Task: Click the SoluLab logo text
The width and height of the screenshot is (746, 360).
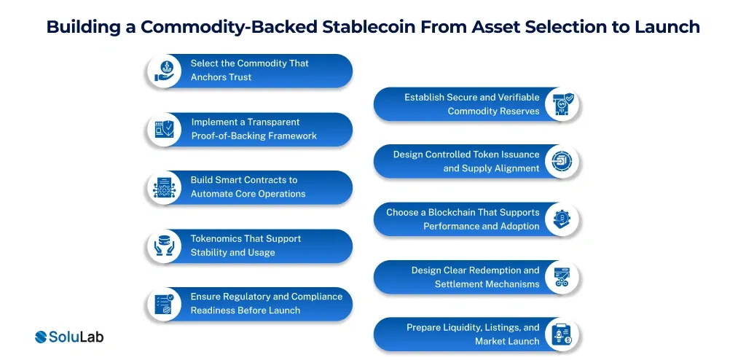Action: click(76, 337)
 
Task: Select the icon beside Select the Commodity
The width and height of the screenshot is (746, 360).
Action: click(163, 71)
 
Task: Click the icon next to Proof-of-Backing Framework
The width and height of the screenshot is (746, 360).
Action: click(163, 129)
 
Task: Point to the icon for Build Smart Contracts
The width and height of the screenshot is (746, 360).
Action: click(163, 187)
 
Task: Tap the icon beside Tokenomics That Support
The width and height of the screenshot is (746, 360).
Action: click(163, 246)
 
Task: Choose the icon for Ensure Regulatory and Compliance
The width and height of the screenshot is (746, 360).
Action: click(163, 304)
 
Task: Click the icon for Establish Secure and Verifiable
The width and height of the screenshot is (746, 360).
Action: click(562, 104)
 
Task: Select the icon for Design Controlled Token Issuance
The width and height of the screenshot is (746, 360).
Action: click(562, 162)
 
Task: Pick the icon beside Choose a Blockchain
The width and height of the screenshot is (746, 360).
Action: click(562, 219)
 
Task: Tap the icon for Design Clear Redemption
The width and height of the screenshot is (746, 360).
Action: click(562, 277)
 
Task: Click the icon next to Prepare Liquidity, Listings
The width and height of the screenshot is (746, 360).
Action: click(562, 334)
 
